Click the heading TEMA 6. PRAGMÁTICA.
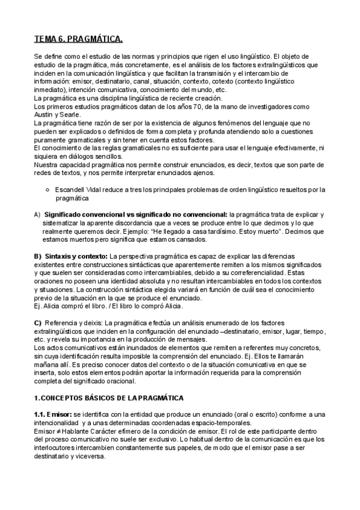tap(79, 40)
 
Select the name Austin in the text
tap(43, 114)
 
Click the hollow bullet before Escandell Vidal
tap(47, 189)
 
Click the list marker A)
tap(37, 215)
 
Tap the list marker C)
tap(38, 324)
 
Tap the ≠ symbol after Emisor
tap(58, 431)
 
